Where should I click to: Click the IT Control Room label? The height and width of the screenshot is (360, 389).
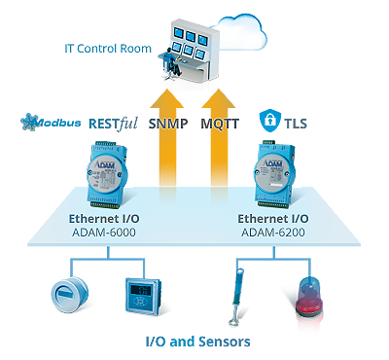pyautogui.click(x=108, y=49)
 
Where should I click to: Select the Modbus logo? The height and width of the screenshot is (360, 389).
pyautogui.click(x=51, y=122)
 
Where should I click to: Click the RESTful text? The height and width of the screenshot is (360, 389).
pyautogui.click(x=113, y=124)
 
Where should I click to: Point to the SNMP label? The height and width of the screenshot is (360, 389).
pyautogui.click(x=168, y=124)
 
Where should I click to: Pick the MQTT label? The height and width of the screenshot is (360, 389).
pyautogui.click(x=220, y=124)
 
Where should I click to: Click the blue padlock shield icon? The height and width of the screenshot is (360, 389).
pyautogui.click(x=269, y=121)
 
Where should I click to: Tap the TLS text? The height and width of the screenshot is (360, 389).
pyautogui.click(x=296, y=124)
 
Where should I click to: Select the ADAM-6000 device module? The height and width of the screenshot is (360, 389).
pyautogui.click(x=107, y=174)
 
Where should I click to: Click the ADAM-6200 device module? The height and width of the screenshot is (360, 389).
pyautogui.click(x=274, y=174)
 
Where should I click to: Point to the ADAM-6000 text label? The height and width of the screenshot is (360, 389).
pyautogui.click(x=104, y=233)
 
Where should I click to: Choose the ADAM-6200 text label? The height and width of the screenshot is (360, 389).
pyautogui.click(x=273, y=233)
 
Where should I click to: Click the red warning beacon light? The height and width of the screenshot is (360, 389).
pyautogui.click(x=309, y=296)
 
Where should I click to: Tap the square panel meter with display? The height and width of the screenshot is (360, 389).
pyautogui.click(x=143, y=296)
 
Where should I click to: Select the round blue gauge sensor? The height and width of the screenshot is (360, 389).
pyautogui.click(x=69, y=295)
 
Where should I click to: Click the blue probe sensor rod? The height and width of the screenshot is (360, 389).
pyautogui.click(x=236, y=297)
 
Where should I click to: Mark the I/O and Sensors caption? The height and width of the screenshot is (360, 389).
pyautogui.click(x=198, y=342)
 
